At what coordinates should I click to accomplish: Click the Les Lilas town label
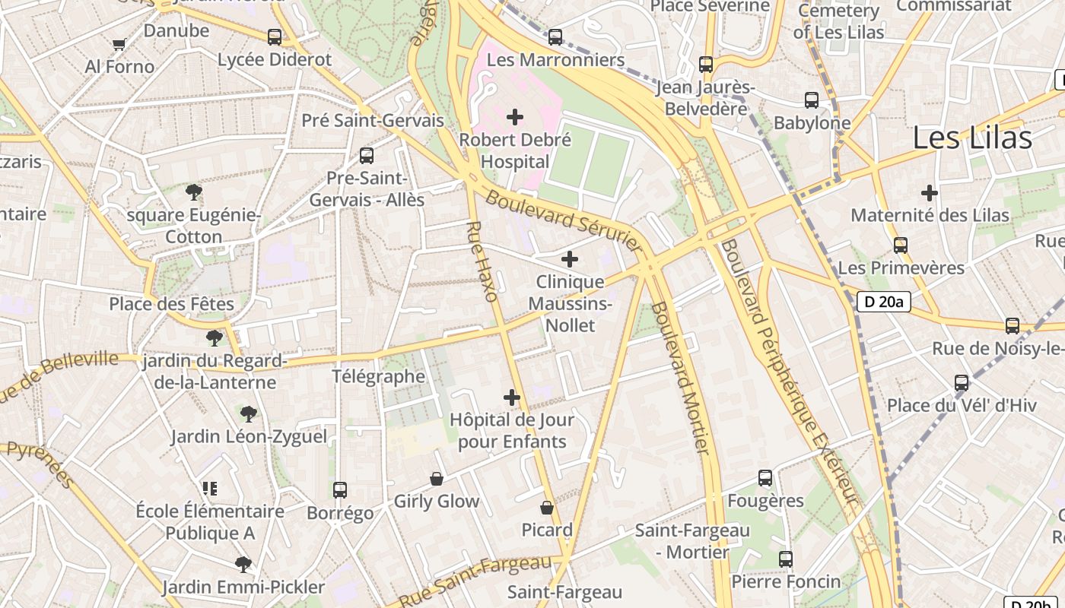pyautogui.click(x=971, y=138)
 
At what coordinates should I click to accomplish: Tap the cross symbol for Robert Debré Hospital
pyautogui.click(x=515, y=117)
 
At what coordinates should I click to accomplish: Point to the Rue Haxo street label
pyautogui.click(x=482, y=261)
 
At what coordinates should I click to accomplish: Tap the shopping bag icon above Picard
pyautogui.click(x=546, y=507)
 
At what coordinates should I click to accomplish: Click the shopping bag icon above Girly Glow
pyautogui.click(x=437, y=479)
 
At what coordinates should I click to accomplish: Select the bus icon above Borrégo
pyautogui.click(x=340, y=490)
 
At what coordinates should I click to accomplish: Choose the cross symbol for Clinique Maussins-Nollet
pyautogui.click(x=570, y=259)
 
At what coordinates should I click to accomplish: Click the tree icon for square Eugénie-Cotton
pyautogui.click(x=194, y=192)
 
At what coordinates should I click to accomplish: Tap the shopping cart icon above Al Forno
pyautogui.click(x=119, y=44)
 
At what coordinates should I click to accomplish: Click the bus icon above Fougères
pyautogui.click(x=765, y=478)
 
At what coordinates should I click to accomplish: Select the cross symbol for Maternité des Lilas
pyautogui.click(x=930, y=193)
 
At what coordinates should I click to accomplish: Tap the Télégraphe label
pyautogui.click(x=378, y=376)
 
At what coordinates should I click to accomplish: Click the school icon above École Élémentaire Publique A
pyautogui.click(x=210, y=488)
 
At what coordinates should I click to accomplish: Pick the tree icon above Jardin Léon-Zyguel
pyautogui.click(x=248, y=414)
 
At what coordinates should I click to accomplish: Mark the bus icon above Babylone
pyautogui.click(x=812, y=100)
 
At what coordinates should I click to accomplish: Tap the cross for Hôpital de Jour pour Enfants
pyautogui.click(x=512, y=397)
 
